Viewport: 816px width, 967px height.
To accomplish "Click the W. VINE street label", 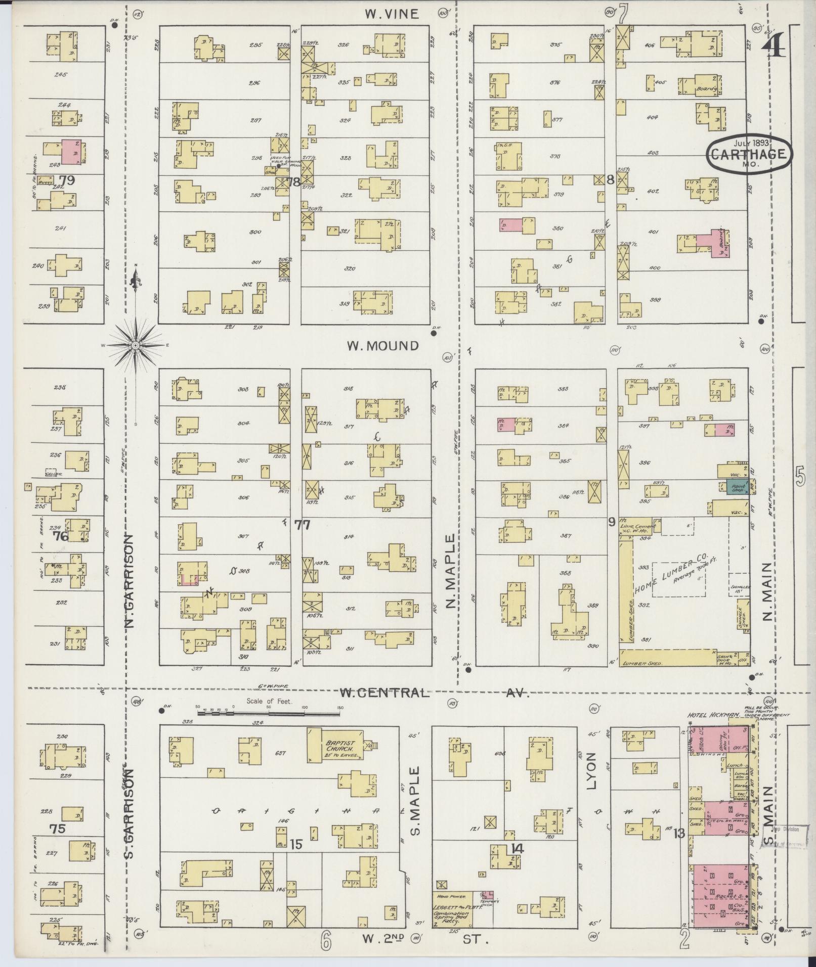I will (392, 14).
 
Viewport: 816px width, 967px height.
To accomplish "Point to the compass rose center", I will (136, 345).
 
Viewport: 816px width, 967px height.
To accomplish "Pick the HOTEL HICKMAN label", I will (713, 715).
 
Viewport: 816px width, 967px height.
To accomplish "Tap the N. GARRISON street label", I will (130, 582).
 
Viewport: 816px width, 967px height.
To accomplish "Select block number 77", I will (302, 525).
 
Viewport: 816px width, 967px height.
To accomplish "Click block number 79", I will (66, 180).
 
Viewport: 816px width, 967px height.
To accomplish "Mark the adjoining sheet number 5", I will (800, 478).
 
